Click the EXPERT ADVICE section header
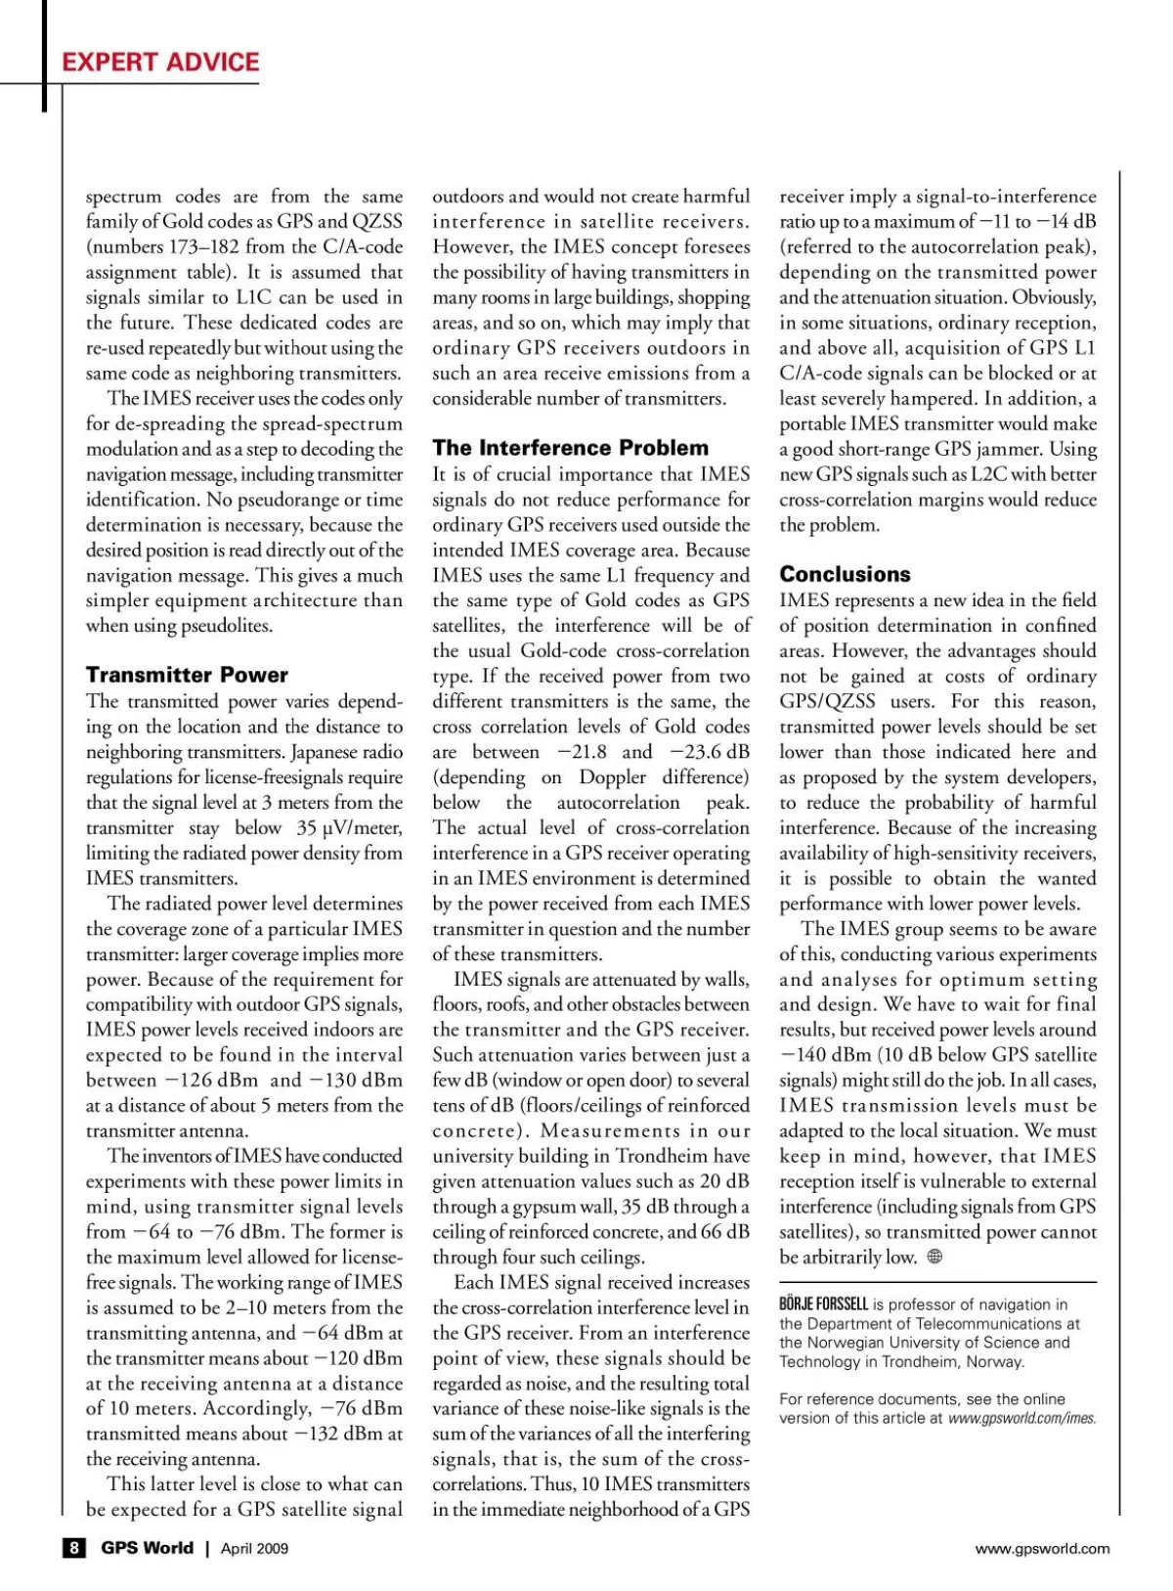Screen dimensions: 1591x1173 pos(160,63)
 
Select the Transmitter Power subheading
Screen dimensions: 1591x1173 pos(187,675)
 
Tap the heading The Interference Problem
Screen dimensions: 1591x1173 pos(570,448)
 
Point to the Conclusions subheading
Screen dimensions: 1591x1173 pos(845,574)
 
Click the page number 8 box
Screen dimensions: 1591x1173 pos(73,1548)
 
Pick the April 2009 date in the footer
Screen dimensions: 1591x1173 pos(254,1548)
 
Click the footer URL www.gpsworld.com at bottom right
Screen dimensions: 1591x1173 pos(1042,1548)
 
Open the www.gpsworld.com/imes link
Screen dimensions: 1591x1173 pos(1021,1418)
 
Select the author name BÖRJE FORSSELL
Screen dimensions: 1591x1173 pos(823,1304)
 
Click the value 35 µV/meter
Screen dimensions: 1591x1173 pos(349,827)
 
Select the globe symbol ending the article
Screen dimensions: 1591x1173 pos(934,1258)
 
